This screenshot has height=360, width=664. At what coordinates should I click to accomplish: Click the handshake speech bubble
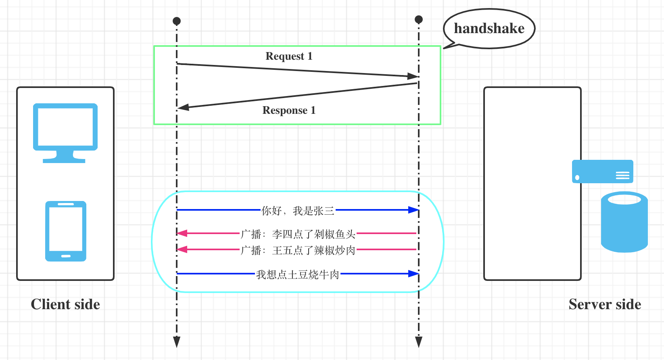(x=489, y=29)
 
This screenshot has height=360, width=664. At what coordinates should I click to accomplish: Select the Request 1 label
(x=289, y=56)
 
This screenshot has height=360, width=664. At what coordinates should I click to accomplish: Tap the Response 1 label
(x=289, y=110)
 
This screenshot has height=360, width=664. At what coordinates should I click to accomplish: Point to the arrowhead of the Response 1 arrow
(x=184, y=107)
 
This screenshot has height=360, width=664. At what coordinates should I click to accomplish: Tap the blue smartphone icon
(x=66, y=231)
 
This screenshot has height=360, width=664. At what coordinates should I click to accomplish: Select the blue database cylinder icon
(x=624, y=222)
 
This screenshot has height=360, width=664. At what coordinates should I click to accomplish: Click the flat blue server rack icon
(x=602, y=172)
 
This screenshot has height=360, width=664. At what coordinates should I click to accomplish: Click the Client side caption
(x=65, y=304)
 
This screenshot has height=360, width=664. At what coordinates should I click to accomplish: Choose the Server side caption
(x=605, y=304)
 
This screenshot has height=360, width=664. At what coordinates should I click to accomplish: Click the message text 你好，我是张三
(x=298, y=211)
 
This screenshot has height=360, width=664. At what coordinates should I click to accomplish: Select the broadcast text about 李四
(x=298, y=234)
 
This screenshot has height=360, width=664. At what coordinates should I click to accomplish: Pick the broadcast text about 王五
(x=298, y=250)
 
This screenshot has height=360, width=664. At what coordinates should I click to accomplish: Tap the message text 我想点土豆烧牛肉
(x=298, y=274)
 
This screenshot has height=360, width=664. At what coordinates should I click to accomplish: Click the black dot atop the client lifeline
(x=177, y=21)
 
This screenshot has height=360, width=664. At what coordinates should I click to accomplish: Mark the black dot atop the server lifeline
(x=419, y=19)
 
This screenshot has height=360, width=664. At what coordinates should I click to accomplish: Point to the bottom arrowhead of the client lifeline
(x=177, y=342)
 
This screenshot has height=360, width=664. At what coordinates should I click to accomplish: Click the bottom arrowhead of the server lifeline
(x=419, y=342)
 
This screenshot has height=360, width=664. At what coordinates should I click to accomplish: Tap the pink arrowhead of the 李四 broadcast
(x=182, y=233)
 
